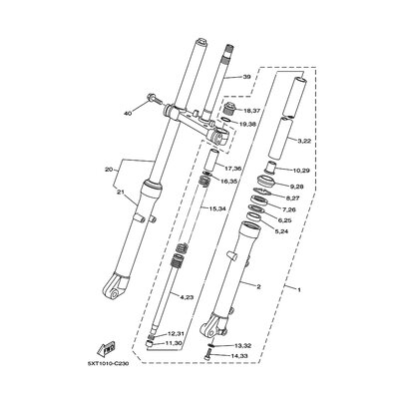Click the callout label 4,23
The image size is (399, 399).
click(186, 268)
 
